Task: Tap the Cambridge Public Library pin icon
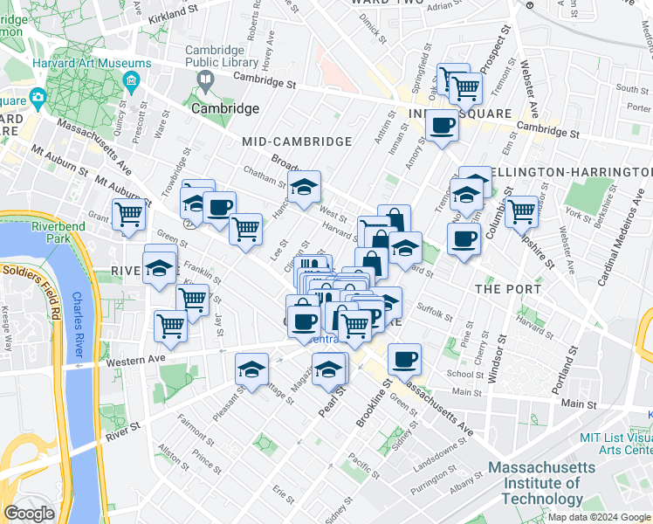tap(206, 82)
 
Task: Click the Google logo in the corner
tap(29, 514)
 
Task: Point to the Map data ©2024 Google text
tap(598, 517)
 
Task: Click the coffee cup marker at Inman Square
tap(443, 125)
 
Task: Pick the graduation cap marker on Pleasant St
tap(251, 369)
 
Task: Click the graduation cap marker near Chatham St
tap(304, 186)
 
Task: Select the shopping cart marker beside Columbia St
tap(521, 210)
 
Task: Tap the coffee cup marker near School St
tap(404, 358)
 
